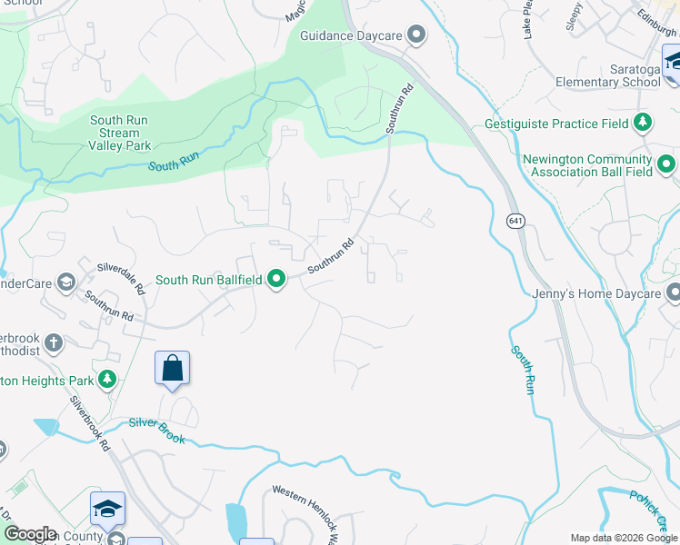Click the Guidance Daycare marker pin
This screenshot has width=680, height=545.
tap(417, 35)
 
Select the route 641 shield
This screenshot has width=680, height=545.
tap(515, 222)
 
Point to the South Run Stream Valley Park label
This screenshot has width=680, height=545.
tap(119, 133)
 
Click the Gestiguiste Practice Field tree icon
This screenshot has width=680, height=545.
tap(643, 123)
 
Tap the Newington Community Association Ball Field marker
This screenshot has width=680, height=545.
tap(666, 164)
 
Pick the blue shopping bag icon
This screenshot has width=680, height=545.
tap(172, 368)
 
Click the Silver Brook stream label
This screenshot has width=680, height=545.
tap(156, 431)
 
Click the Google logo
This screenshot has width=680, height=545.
tap(29, 534)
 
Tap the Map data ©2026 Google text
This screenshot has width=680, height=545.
tap(623, 538)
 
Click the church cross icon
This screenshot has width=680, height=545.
tap(54, 343)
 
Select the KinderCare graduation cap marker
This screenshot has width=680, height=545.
tap(65, 282)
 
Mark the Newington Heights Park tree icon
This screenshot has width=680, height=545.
tap(107, 379)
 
